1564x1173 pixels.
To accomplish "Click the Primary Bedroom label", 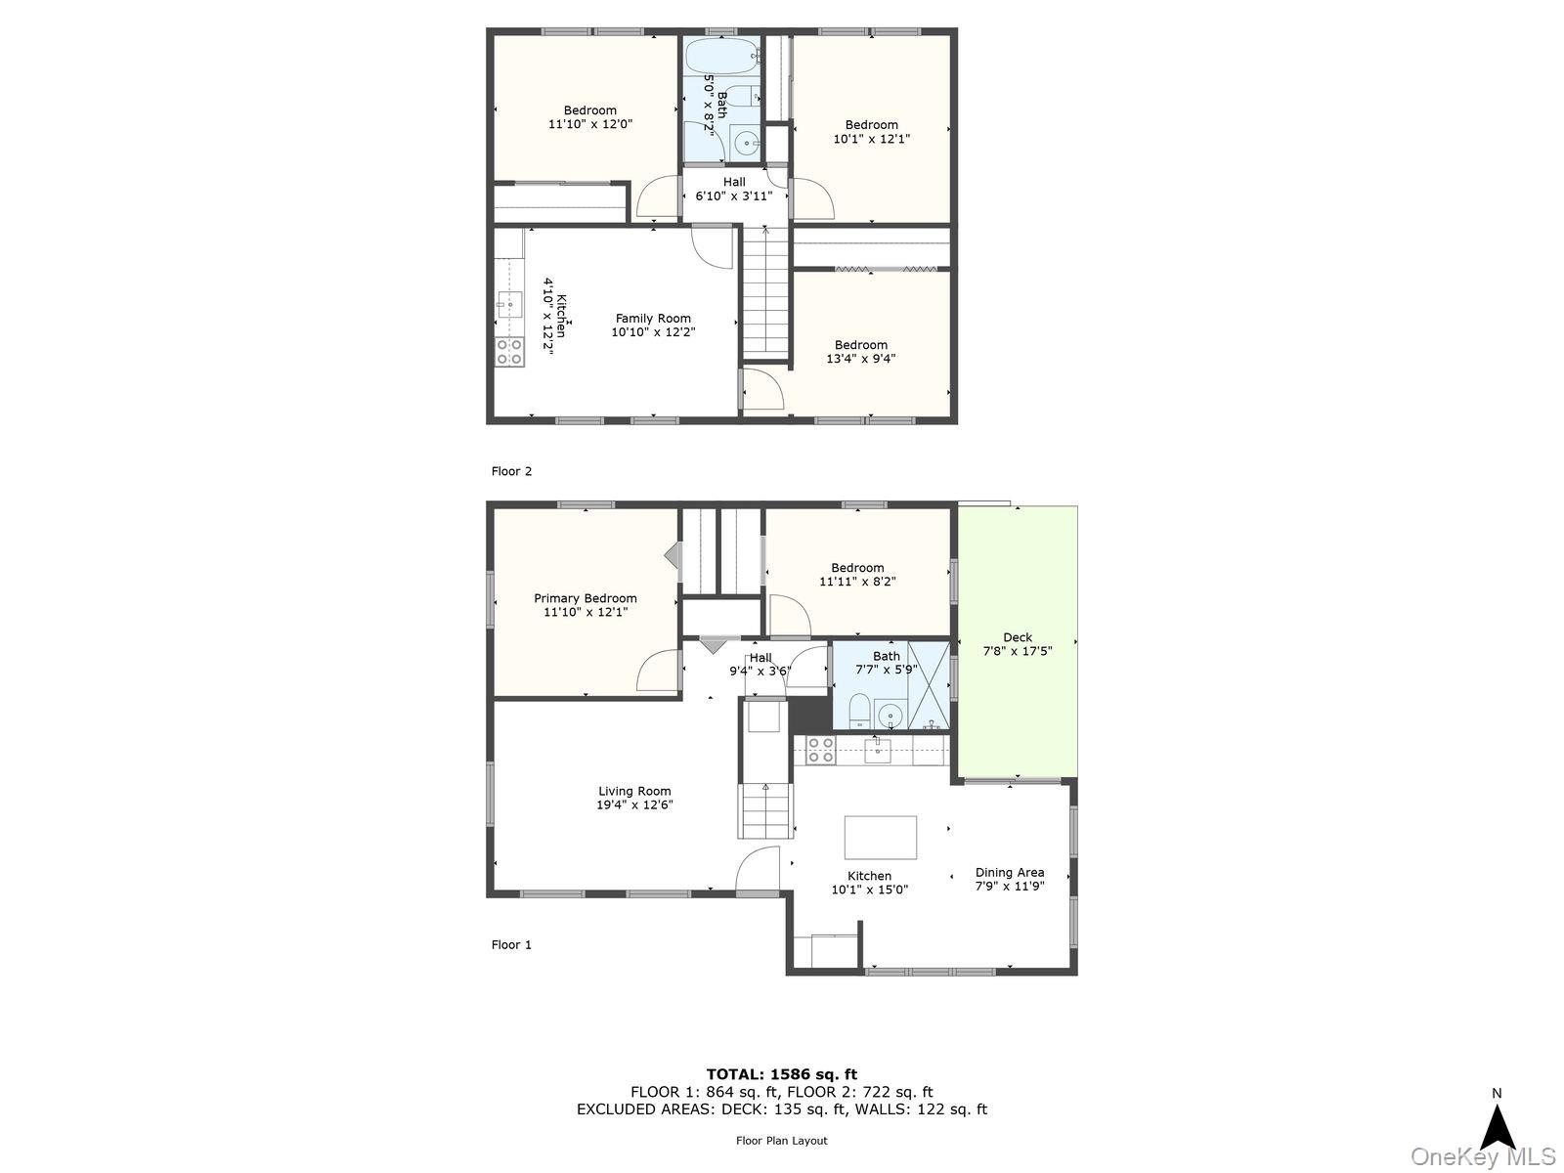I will click(585, 598).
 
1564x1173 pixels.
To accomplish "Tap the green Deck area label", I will click(1017, 637).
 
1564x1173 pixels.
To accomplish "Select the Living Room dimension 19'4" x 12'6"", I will click(634, 805).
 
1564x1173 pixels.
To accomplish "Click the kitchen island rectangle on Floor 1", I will click(880, 838).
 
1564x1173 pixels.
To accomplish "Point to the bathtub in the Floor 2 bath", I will click(722, 56).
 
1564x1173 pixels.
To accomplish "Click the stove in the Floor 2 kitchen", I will click(508, 352).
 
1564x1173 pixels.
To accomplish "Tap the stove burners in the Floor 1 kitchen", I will click(820, 751).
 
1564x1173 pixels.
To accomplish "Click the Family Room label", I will click(653, 319).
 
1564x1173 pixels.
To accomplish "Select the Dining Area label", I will click(1009, 873).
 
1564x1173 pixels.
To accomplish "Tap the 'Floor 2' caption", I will click(511, 471).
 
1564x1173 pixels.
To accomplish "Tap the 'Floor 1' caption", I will click(511, 944).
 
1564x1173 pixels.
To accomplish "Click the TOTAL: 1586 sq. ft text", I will click(781, 1074).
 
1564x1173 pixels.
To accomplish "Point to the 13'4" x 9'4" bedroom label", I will click(860, 352).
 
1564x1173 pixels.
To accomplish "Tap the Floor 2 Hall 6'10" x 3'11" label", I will click(733, 189).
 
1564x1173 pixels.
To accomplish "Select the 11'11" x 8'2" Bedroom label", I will click(857, 575).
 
